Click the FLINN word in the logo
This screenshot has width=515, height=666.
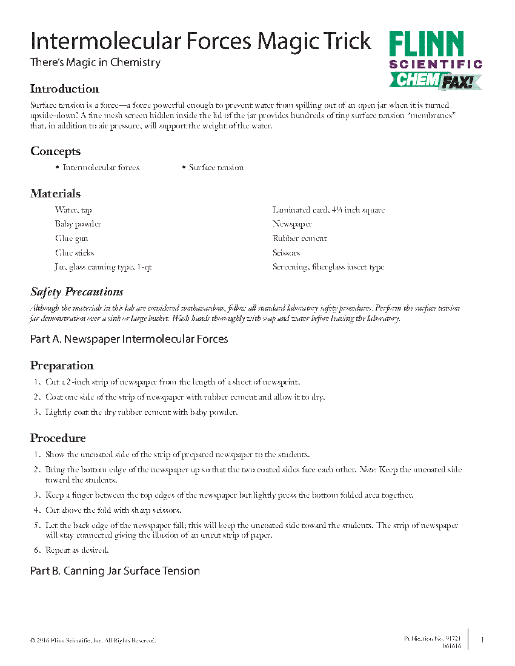point(427,44)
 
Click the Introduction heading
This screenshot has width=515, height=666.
point(65,89)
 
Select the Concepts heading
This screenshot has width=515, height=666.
point(55,151)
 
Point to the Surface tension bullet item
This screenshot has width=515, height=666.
point(216,168)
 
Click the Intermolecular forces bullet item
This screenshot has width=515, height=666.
point(101,168)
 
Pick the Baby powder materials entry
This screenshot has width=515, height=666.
point(78,224)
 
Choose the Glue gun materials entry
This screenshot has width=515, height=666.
point(71,239)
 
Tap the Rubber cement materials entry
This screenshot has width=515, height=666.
point(300,239)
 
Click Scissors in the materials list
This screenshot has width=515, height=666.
point(286,253)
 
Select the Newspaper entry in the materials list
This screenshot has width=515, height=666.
point(292,224)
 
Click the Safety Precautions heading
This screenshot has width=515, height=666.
point(77,292)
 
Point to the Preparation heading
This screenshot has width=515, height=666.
point(62,366)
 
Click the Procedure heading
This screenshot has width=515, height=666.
point(58,438)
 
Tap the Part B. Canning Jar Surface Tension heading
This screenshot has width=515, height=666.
point(115,571)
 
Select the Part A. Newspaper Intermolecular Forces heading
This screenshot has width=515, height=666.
point(129,339)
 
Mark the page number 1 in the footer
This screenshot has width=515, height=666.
point(482,639)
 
